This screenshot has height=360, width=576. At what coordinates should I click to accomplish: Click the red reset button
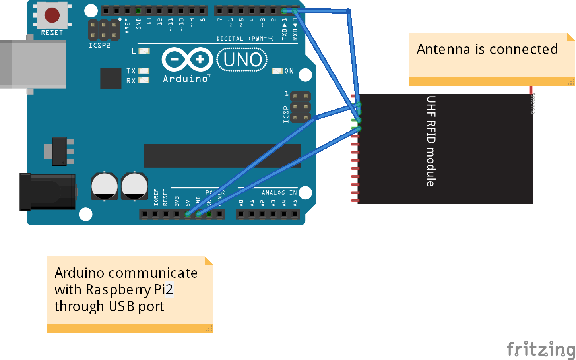click(x=52, y=15)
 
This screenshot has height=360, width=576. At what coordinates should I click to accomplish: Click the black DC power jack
click(x=47, y=192)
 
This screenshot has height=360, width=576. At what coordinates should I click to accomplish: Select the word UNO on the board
click(x=242, y=60)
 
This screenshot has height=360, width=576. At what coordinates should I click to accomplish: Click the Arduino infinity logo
click(x=187, y=60)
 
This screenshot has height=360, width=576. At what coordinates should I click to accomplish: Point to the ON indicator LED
click(x=277, y=71)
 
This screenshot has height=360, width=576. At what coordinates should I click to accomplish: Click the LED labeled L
click(x=144, y=51)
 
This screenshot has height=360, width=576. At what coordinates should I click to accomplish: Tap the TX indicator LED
click(x=144, y=71)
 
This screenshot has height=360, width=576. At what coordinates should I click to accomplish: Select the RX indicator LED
click(x=144, y=80)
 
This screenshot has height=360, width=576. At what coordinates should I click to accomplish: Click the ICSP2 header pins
click(x=103, y=30)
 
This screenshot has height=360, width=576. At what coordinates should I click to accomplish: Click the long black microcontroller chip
click(x=222, y=156)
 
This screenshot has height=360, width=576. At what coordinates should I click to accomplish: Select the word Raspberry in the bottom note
click(x=118, y=290)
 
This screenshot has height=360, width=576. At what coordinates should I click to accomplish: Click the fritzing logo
click(x=541, y=349)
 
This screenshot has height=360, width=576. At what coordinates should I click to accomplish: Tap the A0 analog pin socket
click(x=241, y=214)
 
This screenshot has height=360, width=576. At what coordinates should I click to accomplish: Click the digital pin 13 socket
click(x=149, y=10)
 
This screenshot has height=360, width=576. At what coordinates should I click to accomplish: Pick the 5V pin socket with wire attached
click(x=187, y=214)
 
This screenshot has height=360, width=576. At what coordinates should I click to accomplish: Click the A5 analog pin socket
click(x=295, y=214)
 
